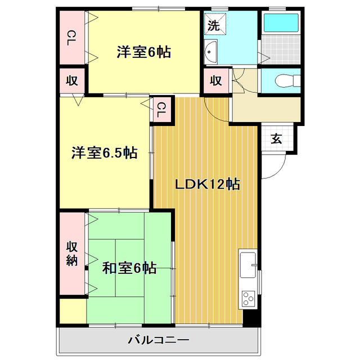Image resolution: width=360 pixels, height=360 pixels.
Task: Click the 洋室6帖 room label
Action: [144, 52]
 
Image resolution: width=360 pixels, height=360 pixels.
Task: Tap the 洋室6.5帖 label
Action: [104, 152]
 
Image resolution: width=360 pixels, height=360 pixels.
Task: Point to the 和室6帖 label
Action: [129, 268]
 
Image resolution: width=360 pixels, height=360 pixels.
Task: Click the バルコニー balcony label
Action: [158, 340]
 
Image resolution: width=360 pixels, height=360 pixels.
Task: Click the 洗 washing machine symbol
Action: [214, 25]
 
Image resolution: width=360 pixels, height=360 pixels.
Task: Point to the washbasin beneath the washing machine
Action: [211, 52]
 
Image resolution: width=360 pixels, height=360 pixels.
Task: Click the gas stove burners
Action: [248, 299]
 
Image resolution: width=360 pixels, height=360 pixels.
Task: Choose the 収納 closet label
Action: [72, 253]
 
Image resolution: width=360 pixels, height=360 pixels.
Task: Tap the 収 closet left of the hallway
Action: [216, 80]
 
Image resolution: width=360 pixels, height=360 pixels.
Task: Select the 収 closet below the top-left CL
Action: [72, 80]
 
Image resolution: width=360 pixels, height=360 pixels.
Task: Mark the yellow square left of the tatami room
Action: [72, 310]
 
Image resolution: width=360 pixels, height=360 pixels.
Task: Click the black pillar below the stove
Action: [251, 318]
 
